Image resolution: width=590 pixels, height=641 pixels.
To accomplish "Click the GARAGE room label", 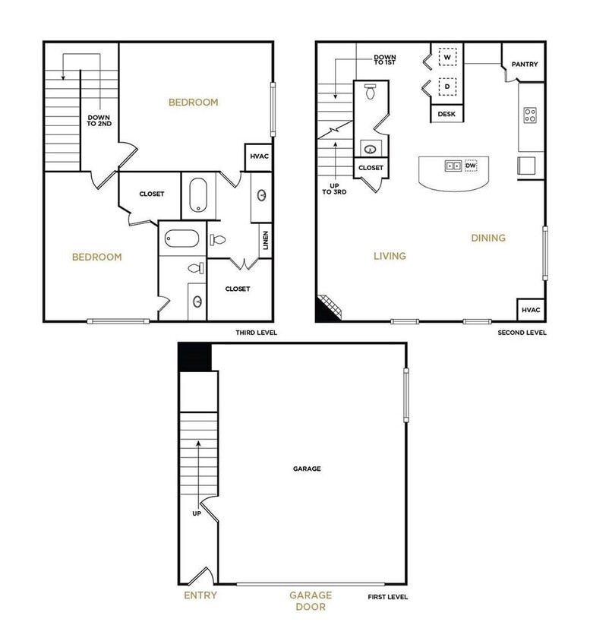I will (307, 469).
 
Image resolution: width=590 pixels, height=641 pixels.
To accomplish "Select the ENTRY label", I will (200, 595).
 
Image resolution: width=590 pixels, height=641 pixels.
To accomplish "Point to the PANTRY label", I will (524, 65).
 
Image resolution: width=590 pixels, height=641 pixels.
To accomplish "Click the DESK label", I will (446, 114).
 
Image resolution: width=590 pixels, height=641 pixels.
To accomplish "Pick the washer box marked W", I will (447, 58).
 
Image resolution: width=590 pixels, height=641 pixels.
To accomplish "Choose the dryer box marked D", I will (447, 87).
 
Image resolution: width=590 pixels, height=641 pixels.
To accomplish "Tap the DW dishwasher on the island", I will (471, 166).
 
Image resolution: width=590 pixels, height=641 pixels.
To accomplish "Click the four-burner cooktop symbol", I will (530, 116).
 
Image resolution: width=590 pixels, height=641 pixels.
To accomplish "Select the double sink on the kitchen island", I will (453, 166).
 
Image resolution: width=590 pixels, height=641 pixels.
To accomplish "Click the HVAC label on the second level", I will (531, 310).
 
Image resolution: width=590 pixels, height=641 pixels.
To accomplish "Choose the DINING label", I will (488, 238).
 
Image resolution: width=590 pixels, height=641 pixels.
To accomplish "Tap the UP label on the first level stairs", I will (197, 513).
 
